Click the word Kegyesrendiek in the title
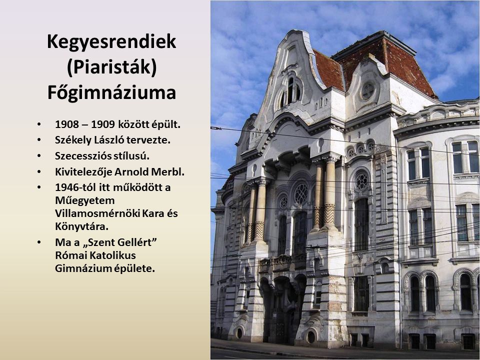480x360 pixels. [x=111, y=42]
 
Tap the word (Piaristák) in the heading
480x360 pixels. [x=111, y=67]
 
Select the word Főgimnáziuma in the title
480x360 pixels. [x=111, y=93]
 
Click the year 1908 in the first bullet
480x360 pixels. [x=67, y=124]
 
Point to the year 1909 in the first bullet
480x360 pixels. [x=103, y=124]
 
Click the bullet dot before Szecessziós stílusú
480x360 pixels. [x=39, y=156]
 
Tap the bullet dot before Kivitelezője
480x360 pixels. [x=39, y=171]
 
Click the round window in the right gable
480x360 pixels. [x=367, y=91]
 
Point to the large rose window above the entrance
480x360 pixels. [x=301, y=193]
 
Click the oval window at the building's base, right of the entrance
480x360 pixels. [x=311, y=336]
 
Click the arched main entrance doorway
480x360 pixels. [x=282, y=309]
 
